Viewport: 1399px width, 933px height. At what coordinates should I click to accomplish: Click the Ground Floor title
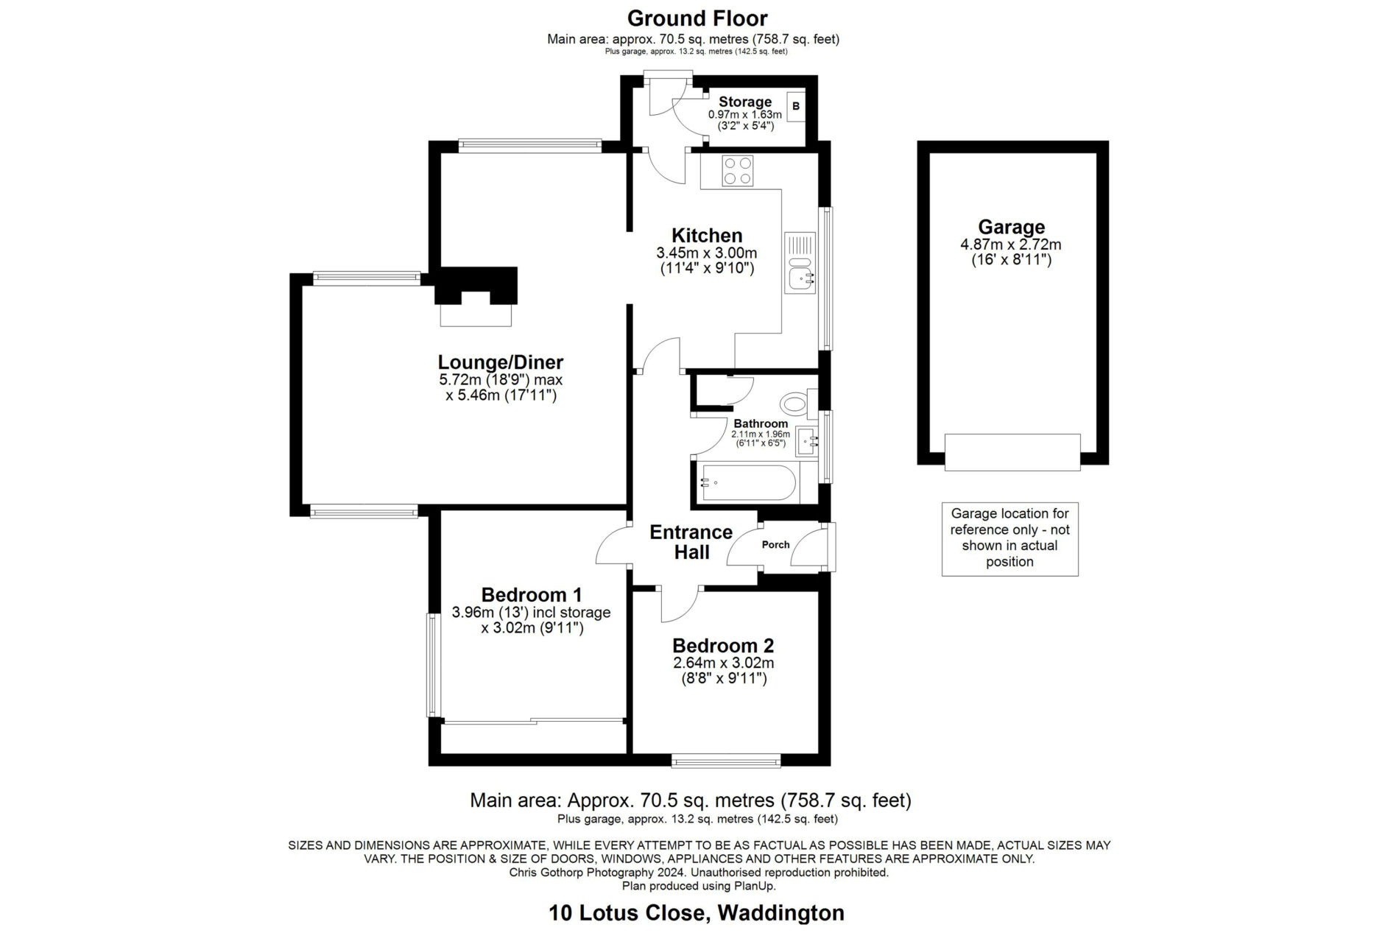[697, 18]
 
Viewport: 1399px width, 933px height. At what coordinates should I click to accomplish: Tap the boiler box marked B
[796, 107]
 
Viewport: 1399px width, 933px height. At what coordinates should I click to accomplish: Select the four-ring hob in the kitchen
[737, 171]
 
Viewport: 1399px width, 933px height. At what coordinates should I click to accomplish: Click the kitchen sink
[800, 263]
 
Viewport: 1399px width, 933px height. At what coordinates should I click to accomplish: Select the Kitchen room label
[707, 236]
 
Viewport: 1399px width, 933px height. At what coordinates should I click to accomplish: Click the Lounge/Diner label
[501, 362]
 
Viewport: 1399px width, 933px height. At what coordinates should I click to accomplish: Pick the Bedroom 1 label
[532, 594]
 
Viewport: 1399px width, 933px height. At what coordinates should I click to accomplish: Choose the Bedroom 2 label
[723, 646]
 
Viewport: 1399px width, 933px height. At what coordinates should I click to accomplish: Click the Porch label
[775, 545]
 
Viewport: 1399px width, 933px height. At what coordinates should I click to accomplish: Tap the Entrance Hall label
[691, 542]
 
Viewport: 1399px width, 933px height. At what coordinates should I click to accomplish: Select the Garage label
[1012, 227]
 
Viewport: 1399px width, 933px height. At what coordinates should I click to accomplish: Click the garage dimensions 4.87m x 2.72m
[1012, 244]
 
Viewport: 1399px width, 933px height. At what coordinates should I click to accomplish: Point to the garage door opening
[1012, 452]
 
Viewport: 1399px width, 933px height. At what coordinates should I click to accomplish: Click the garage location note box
[1010, 538]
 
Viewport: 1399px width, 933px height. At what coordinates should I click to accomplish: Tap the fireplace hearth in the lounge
[476, 314]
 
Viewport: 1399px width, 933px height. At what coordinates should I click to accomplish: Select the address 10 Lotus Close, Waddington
[697, 913]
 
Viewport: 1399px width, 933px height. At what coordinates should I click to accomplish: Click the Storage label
[745, 102]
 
